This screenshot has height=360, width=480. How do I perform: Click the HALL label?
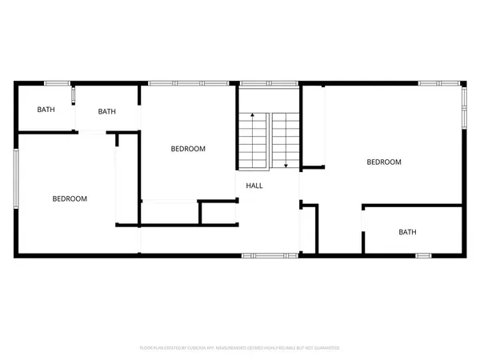pyautogui.click(x=254, y=186)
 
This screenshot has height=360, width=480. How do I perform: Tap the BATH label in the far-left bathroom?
pyautogui.click(x=46, y=110)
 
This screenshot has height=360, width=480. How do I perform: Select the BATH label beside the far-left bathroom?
pyautogui.click(x=107, y=112)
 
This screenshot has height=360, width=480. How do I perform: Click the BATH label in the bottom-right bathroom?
pyautogui.click(x=408, y=233)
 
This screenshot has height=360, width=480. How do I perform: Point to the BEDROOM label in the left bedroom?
pyautogui.click(x=70, y=198)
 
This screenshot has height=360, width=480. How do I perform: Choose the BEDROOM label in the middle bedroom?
pyautogui.click(x=189, y=149)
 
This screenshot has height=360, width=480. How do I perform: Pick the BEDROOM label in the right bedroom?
pyautogui.click(x=383, y=162)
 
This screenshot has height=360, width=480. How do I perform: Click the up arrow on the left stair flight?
pyautogui.click(x=252, y=118)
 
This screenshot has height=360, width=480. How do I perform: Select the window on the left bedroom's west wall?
pyautogui.click(x=18, y=175)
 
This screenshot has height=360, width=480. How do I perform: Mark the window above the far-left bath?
pyautogui.click(x=56, y=83)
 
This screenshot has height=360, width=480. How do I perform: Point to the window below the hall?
pyautogui.click(x=262, y=255)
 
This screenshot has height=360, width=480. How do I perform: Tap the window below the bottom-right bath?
pyautogui.click(x=424, y=255)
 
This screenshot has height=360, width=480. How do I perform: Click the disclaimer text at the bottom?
pyautogui.click(x=240, y=348)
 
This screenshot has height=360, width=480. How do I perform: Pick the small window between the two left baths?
pyautogui.click(x=74, y=96)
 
